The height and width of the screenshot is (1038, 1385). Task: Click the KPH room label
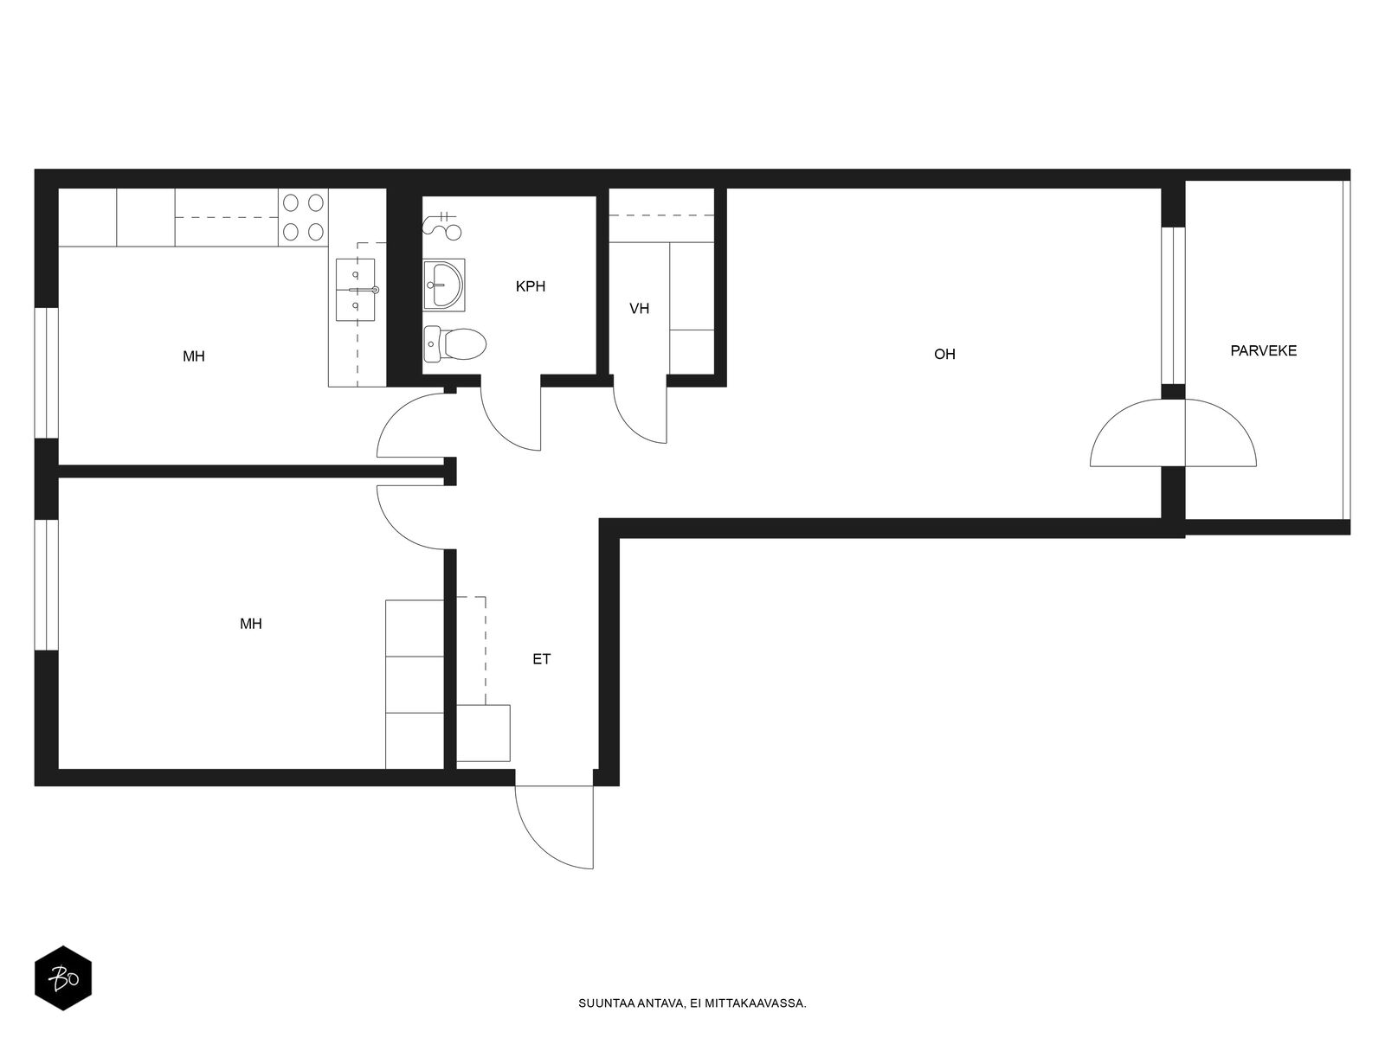(x=530, y=287)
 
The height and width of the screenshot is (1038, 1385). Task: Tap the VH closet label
(x=639, y=309)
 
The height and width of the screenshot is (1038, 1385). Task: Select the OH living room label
(x=944, y=354)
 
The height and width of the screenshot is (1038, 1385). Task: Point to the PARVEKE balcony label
(x=1263, y=351)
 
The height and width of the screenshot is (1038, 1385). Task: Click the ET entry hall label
(x=541, y=659)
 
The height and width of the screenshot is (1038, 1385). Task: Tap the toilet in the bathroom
(x=454, y=344)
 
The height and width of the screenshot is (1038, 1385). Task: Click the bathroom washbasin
(x=444, y=285)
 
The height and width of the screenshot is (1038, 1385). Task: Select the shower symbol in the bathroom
(x=442, y=226)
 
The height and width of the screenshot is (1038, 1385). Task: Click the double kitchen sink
(x=357, y=290)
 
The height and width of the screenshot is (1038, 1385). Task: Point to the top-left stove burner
(x=291, y=203)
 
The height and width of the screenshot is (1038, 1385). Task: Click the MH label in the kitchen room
(x=194, y=356)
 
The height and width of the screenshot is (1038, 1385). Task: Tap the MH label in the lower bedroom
(x=250, y=624)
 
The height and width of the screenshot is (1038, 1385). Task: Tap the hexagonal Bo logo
(x=63, y=978)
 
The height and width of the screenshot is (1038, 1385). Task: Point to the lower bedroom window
(x=47, y=584)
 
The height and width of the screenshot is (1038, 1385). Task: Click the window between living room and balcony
(x=1173, y=305)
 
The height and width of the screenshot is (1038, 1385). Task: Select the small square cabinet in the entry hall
(x=483, y=733)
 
